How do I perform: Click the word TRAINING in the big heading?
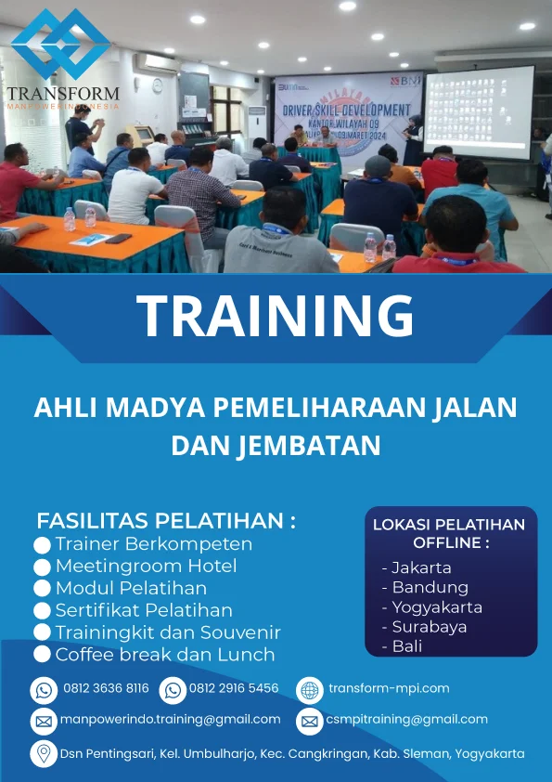point(276,316)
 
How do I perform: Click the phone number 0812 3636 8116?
point(106,688)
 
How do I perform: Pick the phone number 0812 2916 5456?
point(234,688)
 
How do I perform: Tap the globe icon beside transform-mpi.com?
point(309,690)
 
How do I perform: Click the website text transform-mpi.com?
point(389,688)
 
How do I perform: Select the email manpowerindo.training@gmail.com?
point(170,719)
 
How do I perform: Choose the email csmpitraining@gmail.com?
point(406,719)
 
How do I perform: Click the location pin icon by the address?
point(43,753)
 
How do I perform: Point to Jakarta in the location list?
point(421,567)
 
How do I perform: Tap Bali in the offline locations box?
point(407,646)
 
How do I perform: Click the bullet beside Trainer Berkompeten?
point(42,544)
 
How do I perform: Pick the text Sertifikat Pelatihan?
point(144,610)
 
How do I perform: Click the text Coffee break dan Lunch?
point(165,655)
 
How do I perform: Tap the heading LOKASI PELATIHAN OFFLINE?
point(449,533)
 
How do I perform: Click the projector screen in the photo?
point(479,111)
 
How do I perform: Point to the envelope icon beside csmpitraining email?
point(309,721)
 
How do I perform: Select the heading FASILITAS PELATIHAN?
point(166,520)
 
